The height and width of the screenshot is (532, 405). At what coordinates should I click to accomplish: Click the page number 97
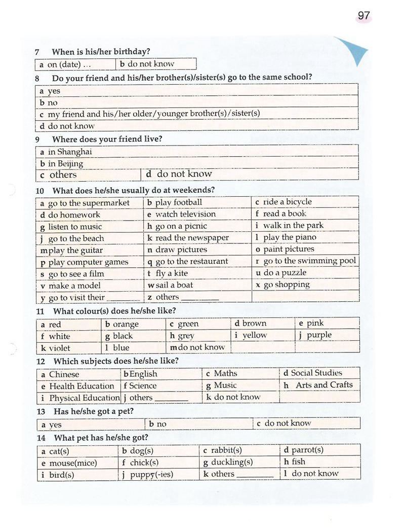click(x=363, y=16)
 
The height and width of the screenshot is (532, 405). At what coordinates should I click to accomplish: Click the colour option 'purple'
click(x=318, y=335)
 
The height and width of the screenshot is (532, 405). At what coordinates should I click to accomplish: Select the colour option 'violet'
click(x=59, y=348)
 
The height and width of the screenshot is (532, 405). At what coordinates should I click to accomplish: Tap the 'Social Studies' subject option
click(x=316, y=373)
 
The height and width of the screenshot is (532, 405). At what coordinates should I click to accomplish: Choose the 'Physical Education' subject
click(x=84, y=398)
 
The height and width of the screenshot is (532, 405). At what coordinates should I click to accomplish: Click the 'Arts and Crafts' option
click(x=323, y=385)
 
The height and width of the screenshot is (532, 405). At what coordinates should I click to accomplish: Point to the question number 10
click(x=40, y=191)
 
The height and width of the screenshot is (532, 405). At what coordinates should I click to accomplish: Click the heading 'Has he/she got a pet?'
click(x=94, y=411)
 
